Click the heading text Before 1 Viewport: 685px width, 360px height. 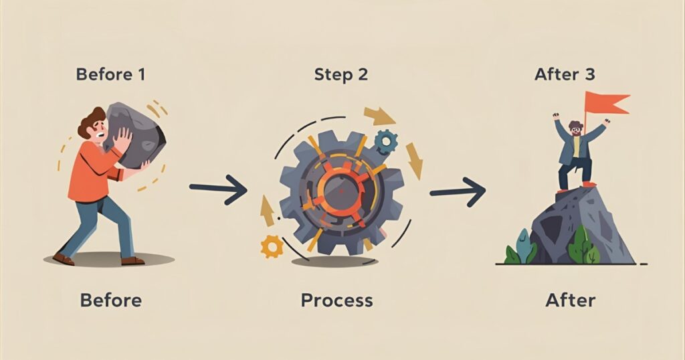click(x=110, y=74)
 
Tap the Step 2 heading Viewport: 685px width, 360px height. click(x=340, y=74)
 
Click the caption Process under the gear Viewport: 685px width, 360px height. click(x=336, y=300)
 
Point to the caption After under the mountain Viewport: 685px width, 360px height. click(x=570, y=300)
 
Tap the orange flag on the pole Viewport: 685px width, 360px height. click(x=605, y=104)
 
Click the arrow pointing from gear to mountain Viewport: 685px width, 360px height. click(x=458, y=193)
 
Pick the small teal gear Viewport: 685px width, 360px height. click(x=385, y=141)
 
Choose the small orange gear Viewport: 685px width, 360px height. click(x=272, y=247)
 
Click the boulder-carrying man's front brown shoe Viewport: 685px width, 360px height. click(x=64, y=259)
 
